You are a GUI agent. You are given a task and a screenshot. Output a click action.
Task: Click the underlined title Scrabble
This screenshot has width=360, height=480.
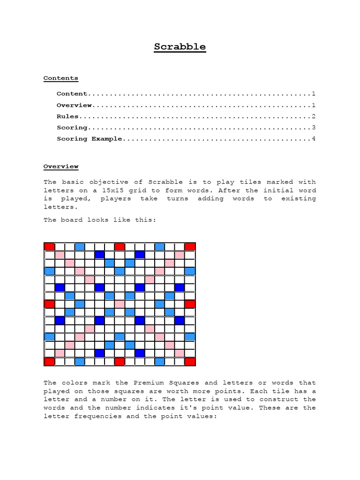click(180, 47)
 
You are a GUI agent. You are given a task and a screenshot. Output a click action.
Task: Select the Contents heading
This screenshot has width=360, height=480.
click(61, 78)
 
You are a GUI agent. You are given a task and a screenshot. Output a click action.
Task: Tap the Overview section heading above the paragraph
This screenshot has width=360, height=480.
click(61, 166)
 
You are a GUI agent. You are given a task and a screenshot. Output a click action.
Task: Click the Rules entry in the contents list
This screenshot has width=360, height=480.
click(68, 116)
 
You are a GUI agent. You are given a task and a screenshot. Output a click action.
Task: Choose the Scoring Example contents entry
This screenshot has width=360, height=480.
click(90, 139)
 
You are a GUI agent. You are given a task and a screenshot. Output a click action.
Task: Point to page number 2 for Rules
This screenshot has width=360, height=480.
click(314, 116)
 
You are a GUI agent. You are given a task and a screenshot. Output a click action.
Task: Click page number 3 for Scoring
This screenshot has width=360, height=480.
click(314, 127)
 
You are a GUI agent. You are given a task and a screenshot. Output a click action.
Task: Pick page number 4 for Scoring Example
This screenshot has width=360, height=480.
click(314, 139)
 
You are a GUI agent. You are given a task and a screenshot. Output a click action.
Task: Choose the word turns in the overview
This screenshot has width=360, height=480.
click(178, 199)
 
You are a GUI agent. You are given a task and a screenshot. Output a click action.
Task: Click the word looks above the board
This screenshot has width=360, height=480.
click(98, 219)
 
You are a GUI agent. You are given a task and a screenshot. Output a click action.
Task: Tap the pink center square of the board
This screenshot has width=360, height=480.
click(120, 304)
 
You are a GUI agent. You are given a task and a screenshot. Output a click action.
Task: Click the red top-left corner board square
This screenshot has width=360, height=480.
click(49, 247)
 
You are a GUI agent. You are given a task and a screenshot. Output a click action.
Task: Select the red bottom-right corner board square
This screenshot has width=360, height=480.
click(190, 361)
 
